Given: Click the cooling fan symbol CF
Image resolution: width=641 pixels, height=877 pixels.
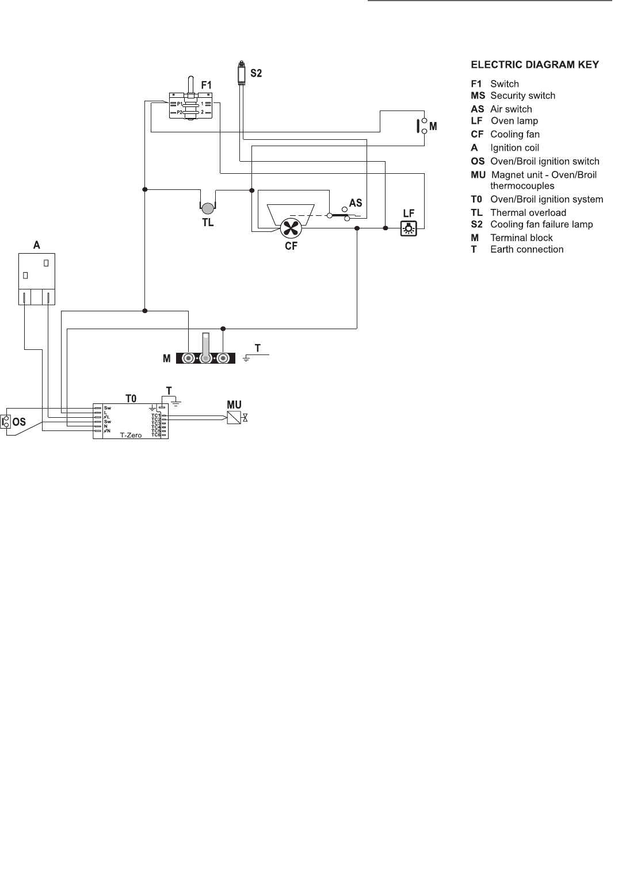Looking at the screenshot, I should click(x=291, y=228).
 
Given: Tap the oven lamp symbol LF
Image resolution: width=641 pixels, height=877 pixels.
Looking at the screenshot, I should click(x=409, y=228).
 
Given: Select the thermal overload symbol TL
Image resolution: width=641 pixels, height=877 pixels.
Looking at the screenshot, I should click(x=207, y=207).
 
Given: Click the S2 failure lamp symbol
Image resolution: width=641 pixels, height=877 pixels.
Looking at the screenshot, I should click(x=241, y=74).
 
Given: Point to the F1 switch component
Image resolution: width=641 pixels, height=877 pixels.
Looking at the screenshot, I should click(x=192, y=105).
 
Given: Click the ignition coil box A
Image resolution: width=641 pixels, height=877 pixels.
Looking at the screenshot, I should click(x=37, y=279).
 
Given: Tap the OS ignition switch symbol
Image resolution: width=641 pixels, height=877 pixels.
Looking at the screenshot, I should click(x=6, y=422).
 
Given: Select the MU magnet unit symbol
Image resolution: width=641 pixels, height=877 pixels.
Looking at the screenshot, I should click(x=234, y=418).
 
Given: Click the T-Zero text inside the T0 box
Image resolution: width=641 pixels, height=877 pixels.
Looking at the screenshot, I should click(x=131, y=435).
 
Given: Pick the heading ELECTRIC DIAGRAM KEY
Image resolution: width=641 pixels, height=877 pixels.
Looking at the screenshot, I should click(x=535, y=64).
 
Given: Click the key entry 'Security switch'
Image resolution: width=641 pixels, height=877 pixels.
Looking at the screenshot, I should click(x=522, y=96).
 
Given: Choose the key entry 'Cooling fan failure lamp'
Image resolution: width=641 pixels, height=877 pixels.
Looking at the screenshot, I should click(x=541, y=224).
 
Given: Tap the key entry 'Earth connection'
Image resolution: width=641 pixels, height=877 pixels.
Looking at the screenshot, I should click(x=526, y=249).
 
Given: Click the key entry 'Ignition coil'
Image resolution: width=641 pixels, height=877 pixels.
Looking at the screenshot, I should click(x=514, y=148).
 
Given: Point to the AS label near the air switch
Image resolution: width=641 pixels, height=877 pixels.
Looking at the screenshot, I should click(x=356, y=203).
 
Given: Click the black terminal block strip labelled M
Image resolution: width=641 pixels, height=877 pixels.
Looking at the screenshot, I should click(x=205, y=359).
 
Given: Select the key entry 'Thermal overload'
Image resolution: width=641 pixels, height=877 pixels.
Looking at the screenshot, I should click(x=528, y=213).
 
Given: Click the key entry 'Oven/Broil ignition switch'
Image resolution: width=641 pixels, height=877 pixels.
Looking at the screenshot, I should click(x=544, y=161).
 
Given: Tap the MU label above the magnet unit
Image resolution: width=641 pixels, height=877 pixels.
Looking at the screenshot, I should click(x=234, y=405).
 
